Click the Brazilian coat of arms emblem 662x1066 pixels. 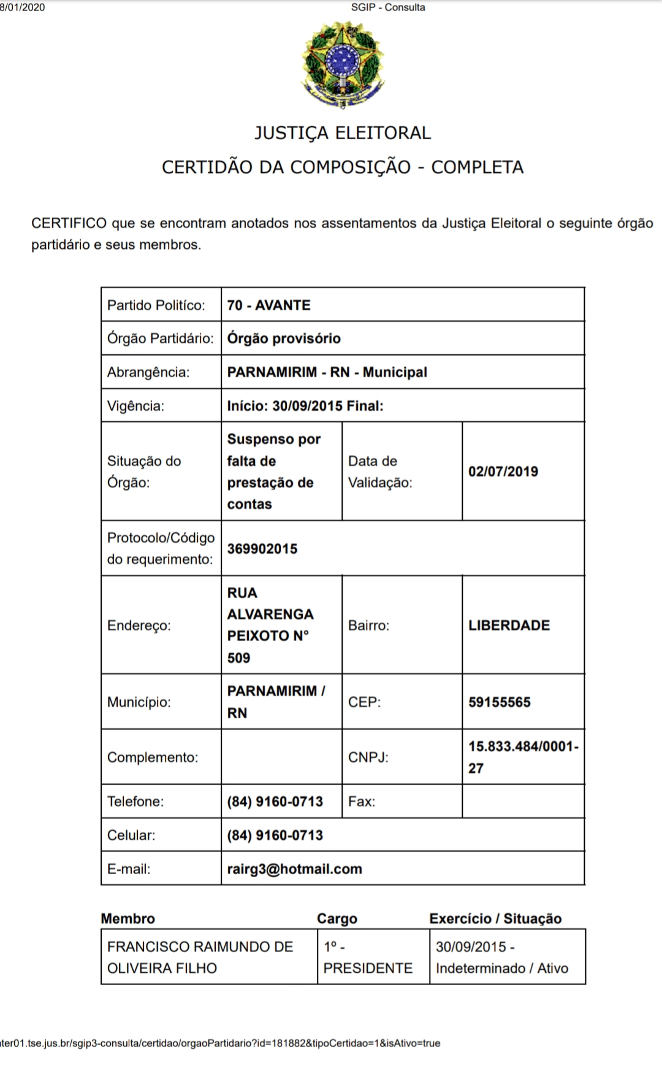point(343,64)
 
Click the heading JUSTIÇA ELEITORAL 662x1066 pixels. point(343,133)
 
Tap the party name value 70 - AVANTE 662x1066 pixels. point(268,305)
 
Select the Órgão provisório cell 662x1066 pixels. point(284,338)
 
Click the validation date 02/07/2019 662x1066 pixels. point(503,471)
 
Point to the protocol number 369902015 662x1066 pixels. point(262,549)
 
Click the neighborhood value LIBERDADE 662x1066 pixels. point(509,625)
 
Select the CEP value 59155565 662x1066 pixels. point(500,702)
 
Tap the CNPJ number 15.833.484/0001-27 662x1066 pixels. point(523,757)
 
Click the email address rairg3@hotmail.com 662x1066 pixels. point(294,869)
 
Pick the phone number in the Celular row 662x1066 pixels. point(275,835)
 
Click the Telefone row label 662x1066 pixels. point(135,801)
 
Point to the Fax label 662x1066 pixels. point(362,801)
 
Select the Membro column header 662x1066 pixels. point(128,918)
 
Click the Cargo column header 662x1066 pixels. point(337,918)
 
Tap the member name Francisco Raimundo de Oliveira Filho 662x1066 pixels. point(200,957)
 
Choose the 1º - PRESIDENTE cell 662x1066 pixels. point(368,957)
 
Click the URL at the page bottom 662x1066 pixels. point(220,1043)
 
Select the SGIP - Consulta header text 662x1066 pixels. point(388,7)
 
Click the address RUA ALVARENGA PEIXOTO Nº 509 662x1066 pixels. point(270,625)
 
